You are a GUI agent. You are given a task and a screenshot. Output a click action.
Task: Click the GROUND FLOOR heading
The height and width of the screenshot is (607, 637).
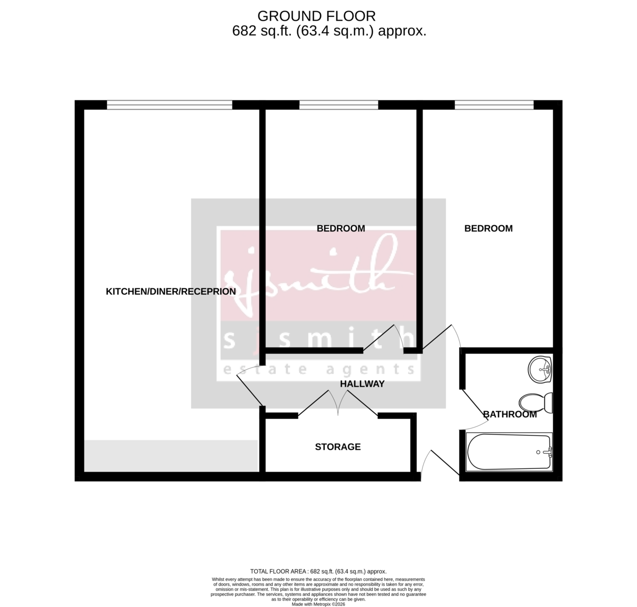point(316,16)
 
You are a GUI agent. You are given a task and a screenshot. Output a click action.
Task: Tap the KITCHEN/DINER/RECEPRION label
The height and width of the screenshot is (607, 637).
point(171,292)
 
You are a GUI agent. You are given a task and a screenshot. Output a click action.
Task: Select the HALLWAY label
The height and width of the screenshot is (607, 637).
point(362,383)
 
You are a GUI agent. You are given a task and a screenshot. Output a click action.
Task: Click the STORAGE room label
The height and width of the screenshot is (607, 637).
point(338,447)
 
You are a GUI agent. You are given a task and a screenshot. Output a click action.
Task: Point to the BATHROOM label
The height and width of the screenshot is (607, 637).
point(510,414)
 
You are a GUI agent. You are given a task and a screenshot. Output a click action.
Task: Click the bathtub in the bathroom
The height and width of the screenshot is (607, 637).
point(509,452)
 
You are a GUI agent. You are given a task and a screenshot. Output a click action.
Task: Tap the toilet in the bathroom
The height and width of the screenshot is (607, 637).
point(537,403)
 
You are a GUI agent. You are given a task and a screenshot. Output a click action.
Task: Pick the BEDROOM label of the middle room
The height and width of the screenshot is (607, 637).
point(341,228)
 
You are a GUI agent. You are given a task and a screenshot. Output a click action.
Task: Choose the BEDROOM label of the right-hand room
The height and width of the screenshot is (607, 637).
point(488,228)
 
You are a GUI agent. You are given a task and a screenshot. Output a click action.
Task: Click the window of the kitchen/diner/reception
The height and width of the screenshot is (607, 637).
point(169,105)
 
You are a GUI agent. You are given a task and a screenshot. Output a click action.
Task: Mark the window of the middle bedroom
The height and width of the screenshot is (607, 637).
point(339,105)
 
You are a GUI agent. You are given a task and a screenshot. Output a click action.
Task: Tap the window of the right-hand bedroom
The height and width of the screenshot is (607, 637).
point(494,105)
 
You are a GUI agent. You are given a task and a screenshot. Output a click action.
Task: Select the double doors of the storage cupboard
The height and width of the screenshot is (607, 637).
point(338,404)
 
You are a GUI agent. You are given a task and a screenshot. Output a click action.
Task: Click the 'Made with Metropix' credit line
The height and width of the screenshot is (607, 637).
point(318,604)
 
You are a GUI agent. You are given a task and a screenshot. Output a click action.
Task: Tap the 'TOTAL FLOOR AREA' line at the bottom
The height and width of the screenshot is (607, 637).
point(318,571)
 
